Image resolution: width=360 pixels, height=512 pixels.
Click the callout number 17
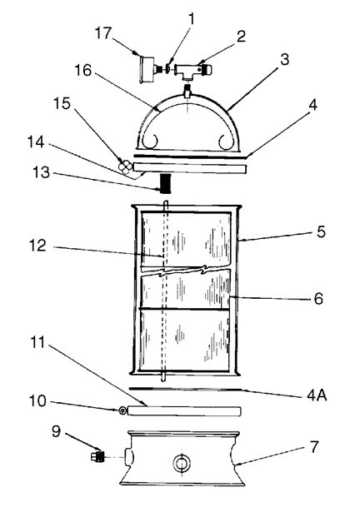103,33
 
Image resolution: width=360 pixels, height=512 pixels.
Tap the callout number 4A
317,395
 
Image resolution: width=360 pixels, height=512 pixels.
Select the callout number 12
38,246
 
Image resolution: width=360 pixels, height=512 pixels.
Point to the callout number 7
314,447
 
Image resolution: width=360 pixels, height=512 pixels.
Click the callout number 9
56,432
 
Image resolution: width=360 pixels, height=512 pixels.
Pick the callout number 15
62,103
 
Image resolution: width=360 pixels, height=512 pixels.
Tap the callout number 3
284,60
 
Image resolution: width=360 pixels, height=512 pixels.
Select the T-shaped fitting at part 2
192,70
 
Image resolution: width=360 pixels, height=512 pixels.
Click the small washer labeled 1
168,68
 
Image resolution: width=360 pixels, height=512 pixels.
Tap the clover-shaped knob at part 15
125,167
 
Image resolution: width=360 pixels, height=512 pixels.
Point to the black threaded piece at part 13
166,183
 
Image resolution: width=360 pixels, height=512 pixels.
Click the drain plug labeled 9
97,455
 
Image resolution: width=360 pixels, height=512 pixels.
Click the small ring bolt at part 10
122,410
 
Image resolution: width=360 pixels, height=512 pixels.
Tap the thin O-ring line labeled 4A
185,389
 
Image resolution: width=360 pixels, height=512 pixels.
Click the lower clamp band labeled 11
184,410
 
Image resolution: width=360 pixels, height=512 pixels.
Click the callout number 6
318,299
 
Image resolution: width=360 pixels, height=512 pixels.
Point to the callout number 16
83,70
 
